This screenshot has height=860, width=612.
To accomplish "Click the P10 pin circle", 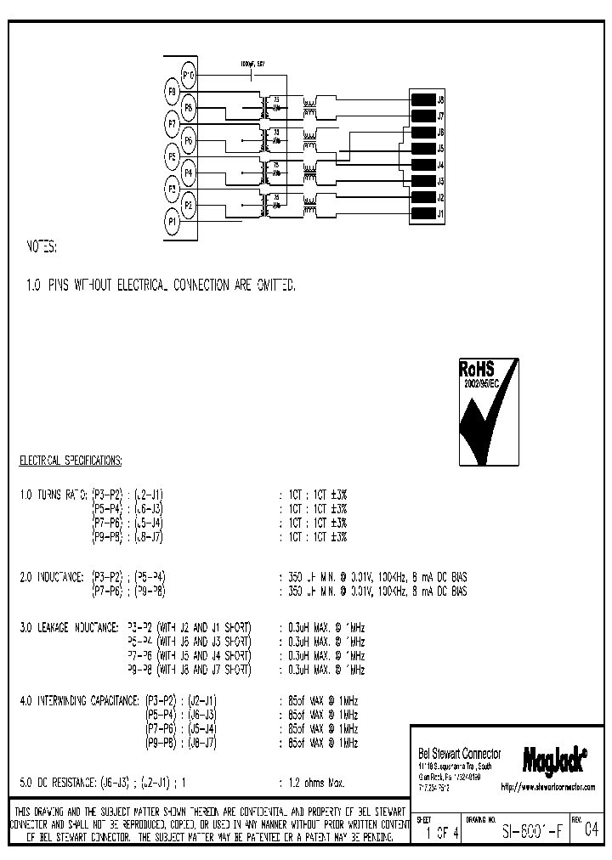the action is (189, 76).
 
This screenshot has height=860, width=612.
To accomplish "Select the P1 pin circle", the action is (173, 221).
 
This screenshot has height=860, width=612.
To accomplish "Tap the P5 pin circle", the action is (173, 156).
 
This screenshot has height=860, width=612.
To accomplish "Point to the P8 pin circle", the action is (189, 108).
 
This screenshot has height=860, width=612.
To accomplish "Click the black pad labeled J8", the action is (422, 99).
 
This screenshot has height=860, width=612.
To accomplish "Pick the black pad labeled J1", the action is (422, 213).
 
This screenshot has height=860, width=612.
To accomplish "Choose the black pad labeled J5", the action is (422, 149).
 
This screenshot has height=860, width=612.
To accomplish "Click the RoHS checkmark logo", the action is (489, 411).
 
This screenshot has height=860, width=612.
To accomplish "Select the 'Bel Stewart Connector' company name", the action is (460, 754).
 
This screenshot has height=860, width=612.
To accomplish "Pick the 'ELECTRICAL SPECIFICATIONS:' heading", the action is (71, 461).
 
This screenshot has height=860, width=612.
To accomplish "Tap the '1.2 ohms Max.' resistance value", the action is (316, 781).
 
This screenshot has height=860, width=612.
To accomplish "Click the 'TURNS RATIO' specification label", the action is (60, 493).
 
